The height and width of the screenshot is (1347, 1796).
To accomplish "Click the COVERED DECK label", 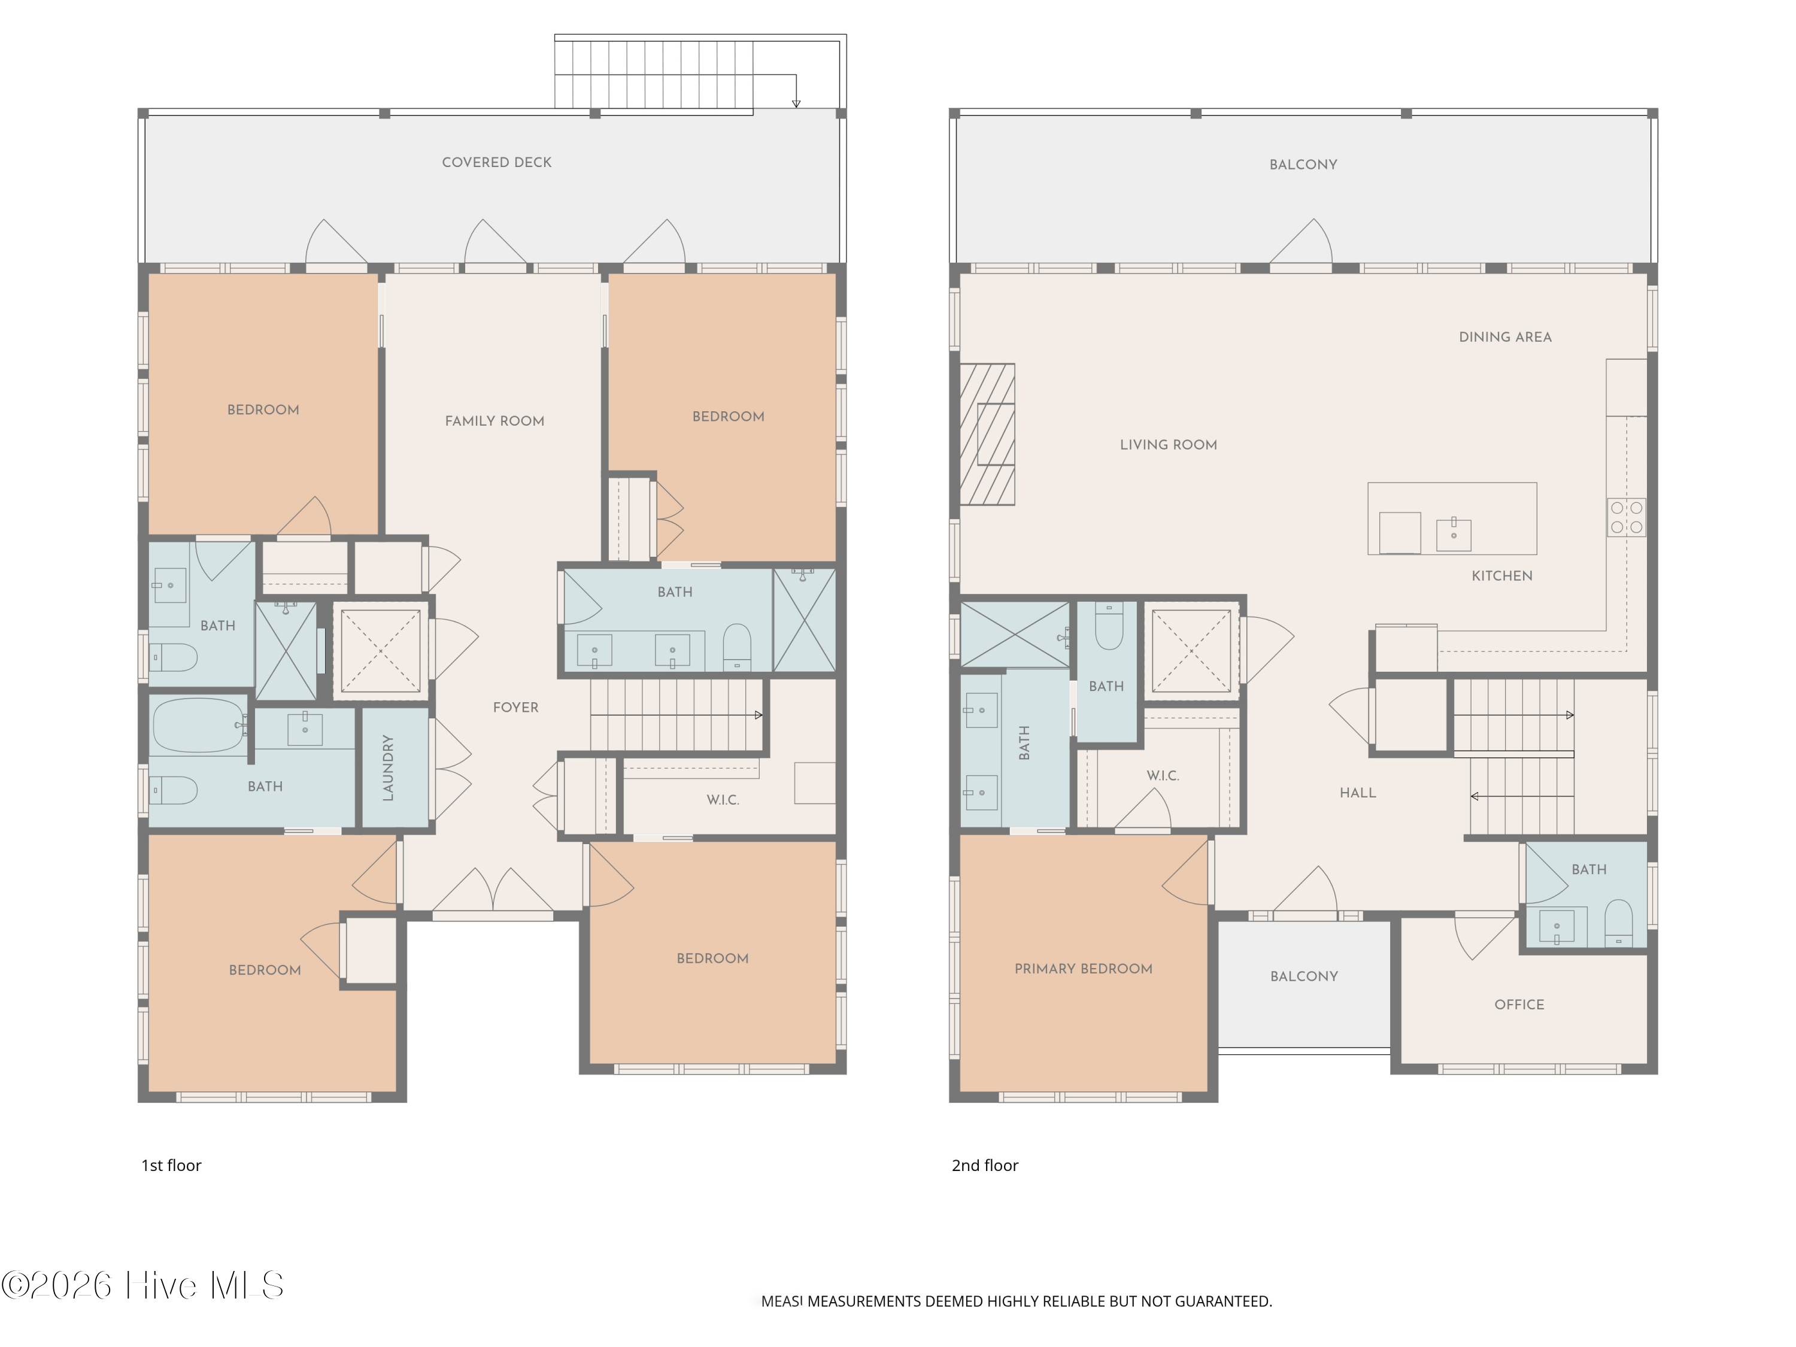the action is pos(496,162).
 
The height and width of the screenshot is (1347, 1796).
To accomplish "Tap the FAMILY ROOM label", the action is pos(494,421).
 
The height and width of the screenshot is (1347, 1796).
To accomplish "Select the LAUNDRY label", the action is pos(388,767).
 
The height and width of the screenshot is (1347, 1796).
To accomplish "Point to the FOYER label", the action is pos(515,707).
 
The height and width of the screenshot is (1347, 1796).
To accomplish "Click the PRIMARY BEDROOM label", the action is pos(1083,969).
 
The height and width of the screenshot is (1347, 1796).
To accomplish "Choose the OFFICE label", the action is pos(1519,1005).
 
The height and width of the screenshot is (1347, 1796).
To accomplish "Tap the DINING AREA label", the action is pos(1504,337).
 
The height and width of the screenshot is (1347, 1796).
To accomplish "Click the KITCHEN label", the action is pos(1502,576).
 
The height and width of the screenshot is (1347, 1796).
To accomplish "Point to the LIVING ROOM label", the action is pos(1169,445).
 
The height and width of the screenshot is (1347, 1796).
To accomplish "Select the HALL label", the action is pos(1358,793).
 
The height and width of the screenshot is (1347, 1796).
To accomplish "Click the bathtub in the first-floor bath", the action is pos(198,725).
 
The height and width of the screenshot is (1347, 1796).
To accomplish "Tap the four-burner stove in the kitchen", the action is pos(1627,517).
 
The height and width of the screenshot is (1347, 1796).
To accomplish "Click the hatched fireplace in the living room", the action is pos(987,435).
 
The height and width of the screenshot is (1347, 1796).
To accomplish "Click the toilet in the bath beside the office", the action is pos(1618,923).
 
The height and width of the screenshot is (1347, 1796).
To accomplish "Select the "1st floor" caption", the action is pos(171,1165).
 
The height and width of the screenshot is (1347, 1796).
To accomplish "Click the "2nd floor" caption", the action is pos(985,1165).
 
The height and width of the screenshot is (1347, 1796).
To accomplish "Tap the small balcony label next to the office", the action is pos(1304,976).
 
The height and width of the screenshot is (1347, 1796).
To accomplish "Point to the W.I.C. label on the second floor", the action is pos(1163,775).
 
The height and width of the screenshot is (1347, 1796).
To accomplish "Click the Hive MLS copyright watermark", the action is pos(143,1285).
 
